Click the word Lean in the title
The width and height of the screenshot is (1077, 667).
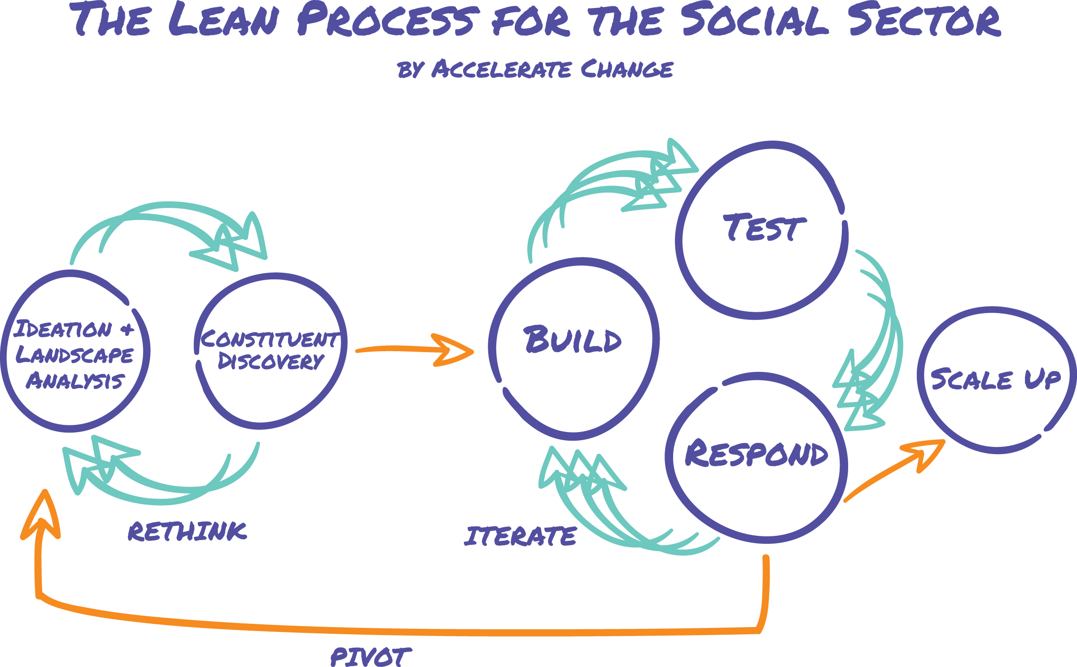pyautogui.click(x=223, y=20)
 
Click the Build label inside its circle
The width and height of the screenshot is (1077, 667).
pyautogui.click(x=573, y=340)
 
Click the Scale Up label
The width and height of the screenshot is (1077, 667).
pyautogui.click(x=995, y=380)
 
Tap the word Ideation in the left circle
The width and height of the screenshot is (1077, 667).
pyautogui.click(x=63, y=330)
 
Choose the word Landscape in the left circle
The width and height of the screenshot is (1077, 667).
pyautogui.click(x=74, y=355)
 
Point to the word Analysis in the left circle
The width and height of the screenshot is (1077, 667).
pyautogui.click(x=74, y=381)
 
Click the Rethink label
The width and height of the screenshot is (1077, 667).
pyautogui.click(x=187, y=532)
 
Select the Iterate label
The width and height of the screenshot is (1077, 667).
pyautogui.click(x=521, y=537)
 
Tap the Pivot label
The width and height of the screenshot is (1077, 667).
pyautogui.click(x=370, y=657)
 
